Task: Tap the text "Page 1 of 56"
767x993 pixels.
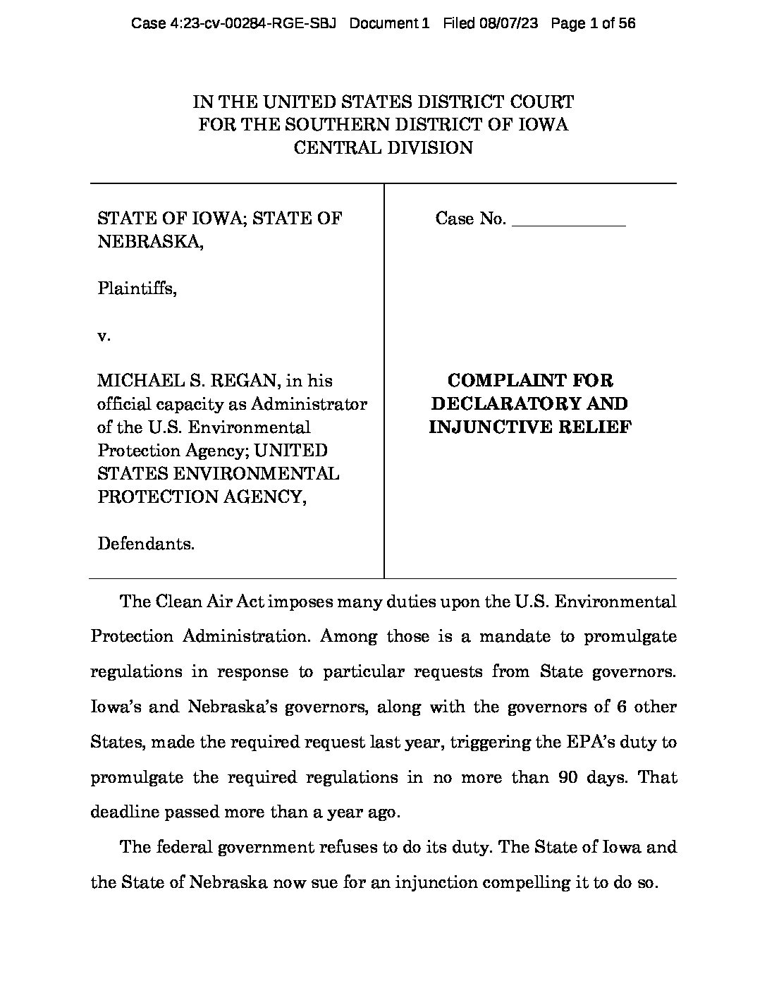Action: point(593,23)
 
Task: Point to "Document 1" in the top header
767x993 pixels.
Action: point(389,23)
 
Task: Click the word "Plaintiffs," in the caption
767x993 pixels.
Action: point(137,288)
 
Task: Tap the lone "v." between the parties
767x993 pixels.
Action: point(104,336)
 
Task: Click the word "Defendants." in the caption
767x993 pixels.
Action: point(146,544)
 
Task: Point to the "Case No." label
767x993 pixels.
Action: point(470,219)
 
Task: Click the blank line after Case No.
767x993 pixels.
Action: point(568,221)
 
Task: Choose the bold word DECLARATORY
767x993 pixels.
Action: point(529,404)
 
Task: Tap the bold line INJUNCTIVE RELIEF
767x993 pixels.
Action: point(529,427)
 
